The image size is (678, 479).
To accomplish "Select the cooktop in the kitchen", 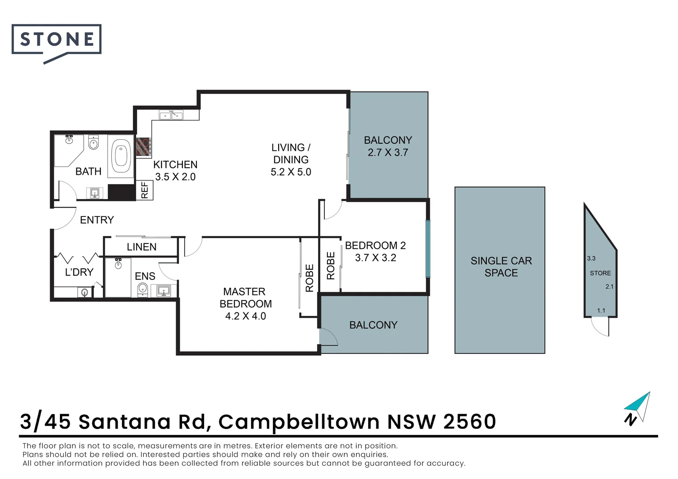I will [143, 147].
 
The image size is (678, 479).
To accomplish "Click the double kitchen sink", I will [171, 115].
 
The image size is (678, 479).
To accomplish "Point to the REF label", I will [145, 190].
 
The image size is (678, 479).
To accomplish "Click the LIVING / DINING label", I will [291, 153].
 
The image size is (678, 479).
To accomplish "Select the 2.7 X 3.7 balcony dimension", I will [387, 153].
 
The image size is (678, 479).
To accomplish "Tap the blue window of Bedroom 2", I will [428, 249].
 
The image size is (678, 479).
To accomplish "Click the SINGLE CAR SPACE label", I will [501, 267].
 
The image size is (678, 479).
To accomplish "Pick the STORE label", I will [600, 273].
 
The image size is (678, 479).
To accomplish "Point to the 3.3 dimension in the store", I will [591, 259].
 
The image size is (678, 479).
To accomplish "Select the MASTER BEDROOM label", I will [245, 298].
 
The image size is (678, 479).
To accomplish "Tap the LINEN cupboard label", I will [142, 247].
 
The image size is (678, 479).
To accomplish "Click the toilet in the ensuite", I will [142, 290].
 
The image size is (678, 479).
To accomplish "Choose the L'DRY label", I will [79, 272].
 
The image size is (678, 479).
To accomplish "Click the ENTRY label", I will [97, 220].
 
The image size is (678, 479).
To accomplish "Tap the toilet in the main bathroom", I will [93, 143].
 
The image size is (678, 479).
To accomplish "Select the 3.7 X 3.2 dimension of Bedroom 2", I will [375, 258].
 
